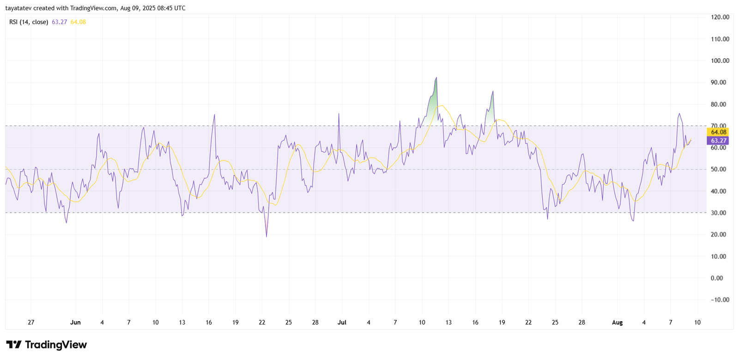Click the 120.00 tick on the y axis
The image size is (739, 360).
click(x=720, y=17)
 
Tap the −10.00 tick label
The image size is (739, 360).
click(x=720, y=300)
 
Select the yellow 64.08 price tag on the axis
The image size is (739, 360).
click(x=718, y=132)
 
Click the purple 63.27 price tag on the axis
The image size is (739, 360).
click(x=718, y=140)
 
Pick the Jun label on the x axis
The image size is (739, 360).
click(x=75, y=323)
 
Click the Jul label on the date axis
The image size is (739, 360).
click(x=342, y=323)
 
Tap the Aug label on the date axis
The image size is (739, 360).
click(x=617, y=323)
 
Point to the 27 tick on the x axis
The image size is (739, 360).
click(x=31, y=323)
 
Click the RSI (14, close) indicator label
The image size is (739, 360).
click(x=29, y=22)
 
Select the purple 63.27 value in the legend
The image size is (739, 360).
click(x=59, y=22)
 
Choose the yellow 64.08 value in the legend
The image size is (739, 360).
click(x=78, y=22)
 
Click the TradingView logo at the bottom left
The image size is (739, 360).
click(x=46, y=345)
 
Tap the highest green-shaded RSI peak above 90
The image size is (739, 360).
click(x=436, y=78)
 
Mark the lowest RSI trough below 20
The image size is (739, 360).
click(x=267, y=237)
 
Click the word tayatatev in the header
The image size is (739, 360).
click(x=18, y=8)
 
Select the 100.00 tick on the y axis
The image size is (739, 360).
click(x=720, y=61)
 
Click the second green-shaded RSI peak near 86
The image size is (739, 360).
click(x=493, y=92)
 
